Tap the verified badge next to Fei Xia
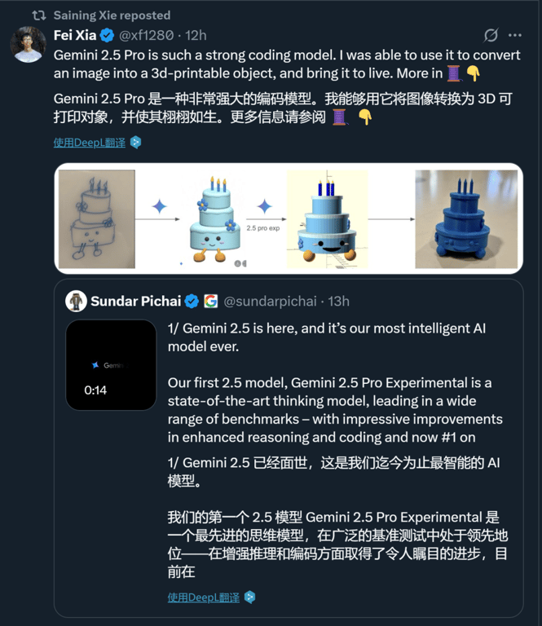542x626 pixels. point(106,36)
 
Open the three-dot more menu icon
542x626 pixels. point(515,36)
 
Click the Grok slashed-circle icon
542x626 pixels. point(491,36)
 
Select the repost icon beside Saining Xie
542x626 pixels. point(39,15)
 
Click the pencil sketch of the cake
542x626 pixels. point(97,218)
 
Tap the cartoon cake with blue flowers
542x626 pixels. point(212,218)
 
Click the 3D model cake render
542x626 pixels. point(328,218)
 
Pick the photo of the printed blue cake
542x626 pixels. point(466,218)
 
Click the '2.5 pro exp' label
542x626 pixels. point(262,228)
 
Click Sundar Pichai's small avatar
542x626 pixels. point(77,302)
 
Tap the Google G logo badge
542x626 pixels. point(210,302)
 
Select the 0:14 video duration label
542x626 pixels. point(95,390)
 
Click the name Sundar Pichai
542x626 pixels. point(136,302)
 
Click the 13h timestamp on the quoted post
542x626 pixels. point(338,302)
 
